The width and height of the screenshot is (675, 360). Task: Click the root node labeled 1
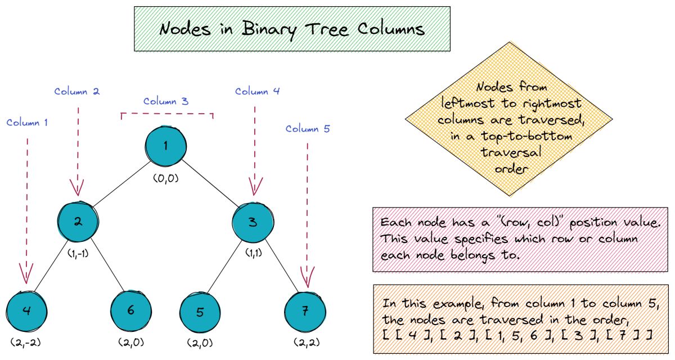coord(165,147)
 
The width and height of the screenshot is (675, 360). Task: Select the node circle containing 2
coord(78,222)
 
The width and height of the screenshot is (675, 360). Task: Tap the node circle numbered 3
coord(253,222)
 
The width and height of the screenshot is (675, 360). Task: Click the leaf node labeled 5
coord(200,312)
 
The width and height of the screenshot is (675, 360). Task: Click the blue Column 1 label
coord(27,122)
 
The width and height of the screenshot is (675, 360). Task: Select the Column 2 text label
coord(77,91)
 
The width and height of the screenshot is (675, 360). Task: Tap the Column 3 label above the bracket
coord(166,101)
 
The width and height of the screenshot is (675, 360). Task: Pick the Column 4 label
coord(257,91)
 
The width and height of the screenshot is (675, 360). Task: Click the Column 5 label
coord(308,129)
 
